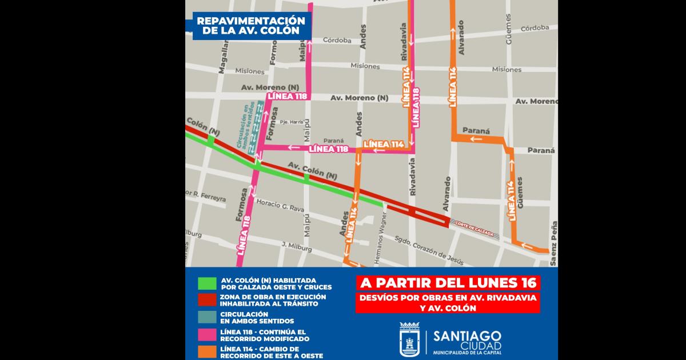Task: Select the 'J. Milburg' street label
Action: coord(296,246)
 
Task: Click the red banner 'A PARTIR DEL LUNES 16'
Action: coord(448,283)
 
